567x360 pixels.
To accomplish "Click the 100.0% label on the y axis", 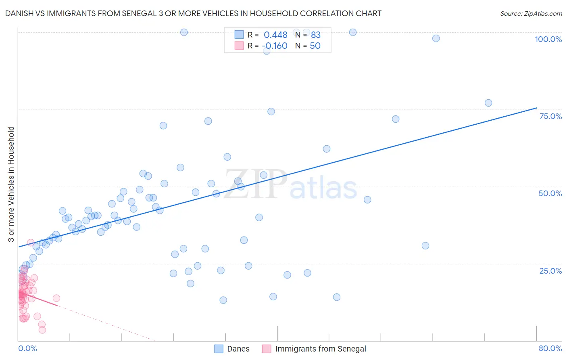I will point(548,39).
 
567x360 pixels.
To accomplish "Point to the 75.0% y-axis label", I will point(550,116).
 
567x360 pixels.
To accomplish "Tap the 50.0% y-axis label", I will point(550,193).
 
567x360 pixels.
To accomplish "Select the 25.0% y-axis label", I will point(550,271).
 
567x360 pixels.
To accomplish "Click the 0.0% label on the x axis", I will point(27,348).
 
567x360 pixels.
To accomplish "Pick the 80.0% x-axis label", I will point(550,348).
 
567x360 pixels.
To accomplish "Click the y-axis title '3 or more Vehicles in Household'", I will point(11,184).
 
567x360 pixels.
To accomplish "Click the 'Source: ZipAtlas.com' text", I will point(531,14).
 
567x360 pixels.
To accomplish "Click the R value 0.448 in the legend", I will point(275,35).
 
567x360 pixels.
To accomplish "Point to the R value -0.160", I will point(275,46).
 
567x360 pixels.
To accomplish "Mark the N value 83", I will point(315,35).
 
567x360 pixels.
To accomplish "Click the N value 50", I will point(315,46).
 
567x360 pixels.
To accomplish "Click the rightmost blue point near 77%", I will point(488,103).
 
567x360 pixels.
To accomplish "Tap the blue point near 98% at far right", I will point(436,38).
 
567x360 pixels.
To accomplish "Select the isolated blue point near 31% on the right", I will point(425,246).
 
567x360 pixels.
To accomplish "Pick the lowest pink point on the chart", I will point(42,330).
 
